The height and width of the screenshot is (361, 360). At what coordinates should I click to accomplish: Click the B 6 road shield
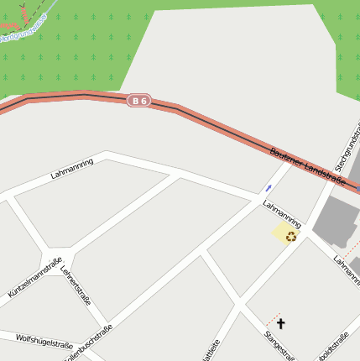(139, 101)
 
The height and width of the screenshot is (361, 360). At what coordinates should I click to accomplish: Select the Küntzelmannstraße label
(34, 278)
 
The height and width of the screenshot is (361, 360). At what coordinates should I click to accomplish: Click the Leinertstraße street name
(76, 285)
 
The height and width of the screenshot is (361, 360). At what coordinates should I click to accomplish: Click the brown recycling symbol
(290, 236)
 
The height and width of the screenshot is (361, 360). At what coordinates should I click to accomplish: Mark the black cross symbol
(280, 322)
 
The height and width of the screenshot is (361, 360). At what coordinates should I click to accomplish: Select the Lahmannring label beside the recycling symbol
(282, 214)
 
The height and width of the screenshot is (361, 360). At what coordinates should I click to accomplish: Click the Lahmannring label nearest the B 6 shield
(72, 169)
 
